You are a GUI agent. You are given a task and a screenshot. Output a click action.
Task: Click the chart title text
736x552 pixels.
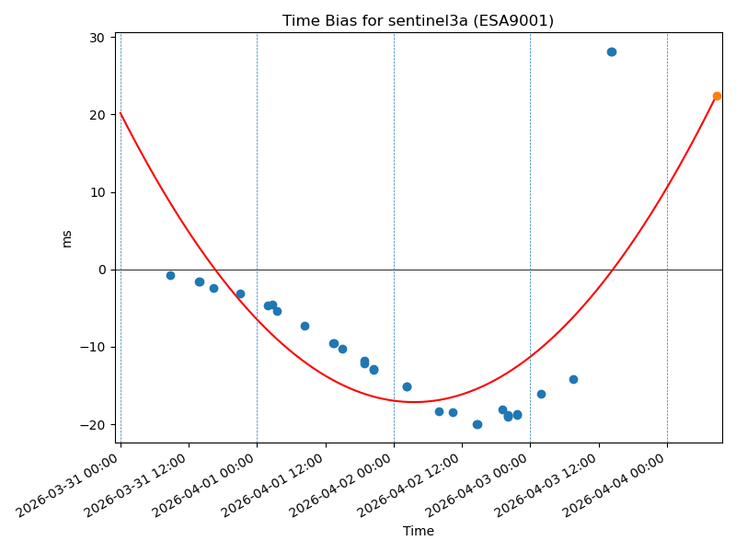click(x=418, y=21)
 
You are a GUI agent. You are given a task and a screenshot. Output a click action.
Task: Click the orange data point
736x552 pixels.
click(x=717, y=96)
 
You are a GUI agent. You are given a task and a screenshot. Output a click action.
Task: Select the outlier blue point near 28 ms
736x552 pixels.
click(x=612, y=52)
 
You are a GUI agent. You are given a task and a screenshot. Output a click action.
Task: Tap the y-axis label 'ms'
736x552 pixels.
click(x=66, y=238)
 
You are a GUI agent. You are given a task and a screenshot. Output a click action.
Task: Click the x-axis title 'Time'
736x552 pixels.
click(x=418, y=531)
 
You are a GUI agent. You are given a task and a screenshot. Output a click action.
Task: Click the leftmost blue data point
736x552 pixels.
click(x=170, y=275)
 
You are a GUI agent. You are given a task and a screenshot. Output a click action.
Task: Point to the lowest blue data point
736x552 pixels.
click(x=477, y=424)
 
